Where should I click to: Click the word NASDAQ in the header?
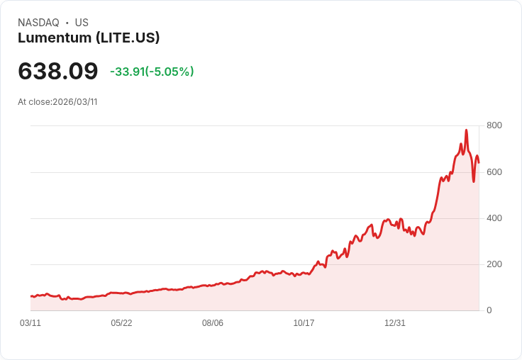point(38,23)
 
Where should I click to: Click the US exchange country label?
point(82,23)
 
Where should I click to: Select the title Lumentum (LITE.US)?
point(89,38)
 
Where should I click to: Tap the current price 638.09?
point(58,71)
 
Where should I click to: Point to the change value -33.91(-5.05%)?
point(152,72)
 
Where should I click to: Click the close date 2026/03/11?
point(74,102)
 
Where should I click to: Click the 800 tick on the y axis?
point(494,125)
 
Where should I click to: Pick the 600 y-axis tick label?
point(494,172)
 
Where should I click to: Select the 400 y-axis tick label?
point(494,218)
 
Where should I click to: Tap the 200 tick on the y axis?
point(494,264)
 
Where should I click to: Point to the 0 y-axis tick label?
point(489,310)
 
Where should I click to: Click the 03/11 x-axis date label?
point(30,323)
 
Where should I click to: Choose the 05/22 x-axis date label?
point(121,323)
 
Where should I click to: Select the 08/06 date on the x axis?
point(213,323)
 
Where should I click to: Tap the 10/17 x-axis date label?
point(304,323)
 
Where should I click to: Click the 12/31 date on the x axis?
point(395,323)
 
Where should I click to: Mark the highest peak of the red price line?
point(466,130)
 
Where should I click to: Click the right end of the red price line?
point(479,163)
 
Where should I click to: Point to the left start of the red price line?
point(31,296)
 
